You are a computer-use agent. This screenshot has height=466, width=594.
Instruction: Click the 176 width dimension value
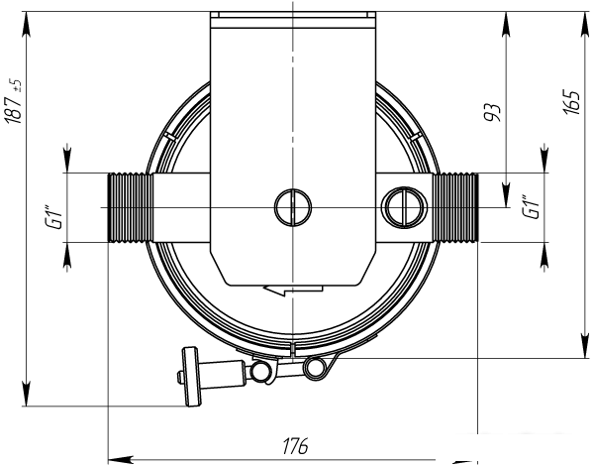[x=295, y=446]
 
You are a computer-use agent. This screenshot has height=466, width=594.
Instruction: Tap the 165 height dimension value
[x=571, y=103]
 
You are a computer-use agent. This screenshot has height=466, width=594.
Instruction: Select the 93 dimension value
[x=492, y=112]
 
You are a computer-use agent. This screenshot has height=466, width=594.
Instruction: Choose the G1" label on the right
[x=532, y=207]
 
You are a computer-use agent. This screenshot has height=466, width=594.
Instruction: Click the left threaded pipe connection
[x=131, y=207]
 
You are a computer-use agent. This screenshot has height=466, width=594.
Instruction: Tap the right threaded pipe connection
[x=455, y=207]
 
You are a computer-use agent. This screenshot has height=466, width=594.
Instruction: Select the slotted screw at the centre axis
[x=293, y=207]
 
